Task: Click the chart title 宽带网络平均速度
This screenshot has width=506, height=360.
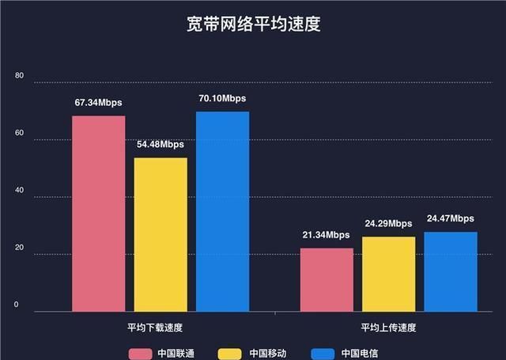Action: tap(253, 25)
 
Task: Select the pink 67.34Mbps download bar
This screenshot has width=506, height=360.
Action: tap(99, 213)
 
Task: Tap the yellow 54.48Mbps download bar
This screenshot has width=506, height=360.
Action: tap(160, 234)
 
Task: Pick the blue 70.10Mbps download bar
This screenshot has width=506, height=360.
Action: tap(222, 210)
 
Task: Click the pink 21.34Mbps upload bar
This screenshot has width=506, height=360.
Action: tap(327, 279)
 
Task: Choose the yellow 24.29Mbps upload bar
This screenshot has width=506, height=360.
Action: tap(388, 274)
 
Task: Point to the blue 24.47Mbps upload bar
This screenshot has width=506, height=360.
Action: tap(450, 271)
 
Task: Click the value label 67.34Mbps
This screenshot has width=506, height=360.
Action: tap(99, 103)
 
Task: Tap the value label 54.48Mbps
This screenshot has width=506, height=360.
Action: tap(160, 145)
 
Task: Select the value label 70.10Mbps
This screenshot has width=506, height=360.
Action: tap(222, 98)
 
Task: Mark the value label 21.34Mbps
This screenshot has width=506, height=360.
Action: tap(326, 235)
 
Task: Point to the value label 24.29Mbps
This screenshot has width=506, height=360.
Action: tap(388, 224)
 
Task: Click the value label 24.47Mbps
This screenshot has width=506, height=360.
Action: tap(450, 218)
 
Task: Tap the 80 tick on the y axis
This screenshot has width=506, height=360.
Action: tap(20, 77)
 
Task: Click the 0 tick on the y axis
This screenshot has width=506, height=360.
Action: tap(17, 304)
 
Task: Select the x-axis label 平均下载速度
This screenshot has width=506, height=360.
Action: tap(160, 327)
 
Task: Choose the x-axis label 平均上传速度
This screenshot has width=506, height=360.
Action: tap(388, 327)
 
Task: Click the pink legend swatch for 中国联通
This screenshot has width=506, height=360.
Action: tap(140, 353)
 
